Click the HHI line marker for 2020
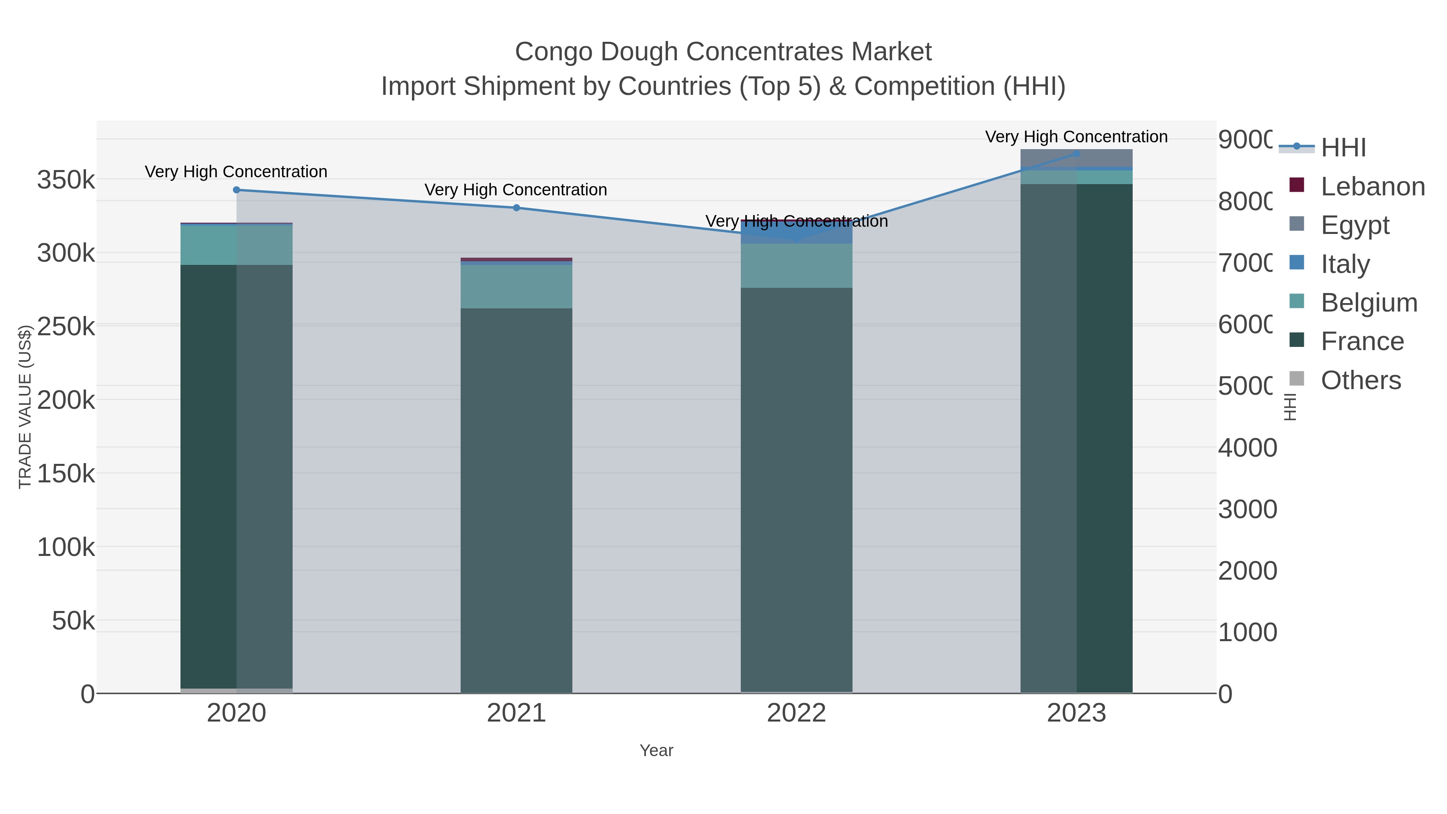click(236, 190)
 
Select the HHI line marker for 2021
click(516, 208)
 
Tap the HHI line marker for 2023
click(1076, 154)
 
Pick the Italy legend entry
click(1345, 264)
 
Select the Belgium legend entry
click(1369, 303)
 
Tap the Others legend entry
click(1361, 380)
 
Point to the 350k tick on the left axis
click(66, 180)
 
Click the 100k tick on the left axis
click(66, 547)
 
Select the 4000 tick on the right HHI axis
click(1247, 448)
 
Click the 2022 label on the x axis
click(796, 714)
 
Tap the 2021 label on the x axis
click(516, 714)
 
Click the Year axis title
click(656, 750)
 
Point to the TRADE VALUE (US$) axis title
click(25, 407)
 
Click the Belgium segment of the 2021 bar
click(516, 287)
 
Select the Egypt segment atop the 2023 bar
click(1076, 158)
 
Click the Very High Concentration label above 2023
click(1076, 137)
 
